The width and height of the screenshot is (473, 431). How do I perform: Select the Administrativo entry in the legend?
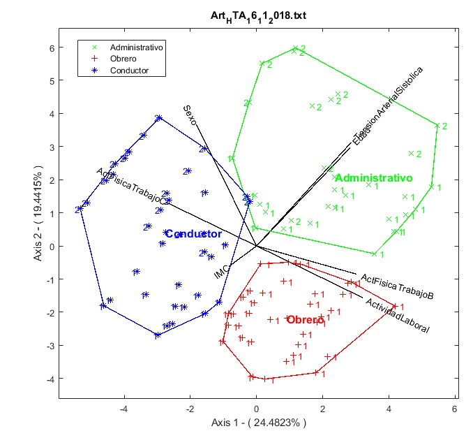142,48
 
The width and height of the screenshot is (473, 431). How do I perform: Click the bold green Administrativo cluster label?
373,177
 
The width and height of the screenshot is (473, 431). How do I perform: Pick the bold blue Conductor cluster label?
194,234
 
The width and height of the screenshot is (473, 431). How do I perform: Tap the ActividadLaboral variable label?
396,315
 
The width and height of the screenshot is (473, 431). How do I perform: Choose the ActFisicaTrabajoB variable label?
397,288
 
